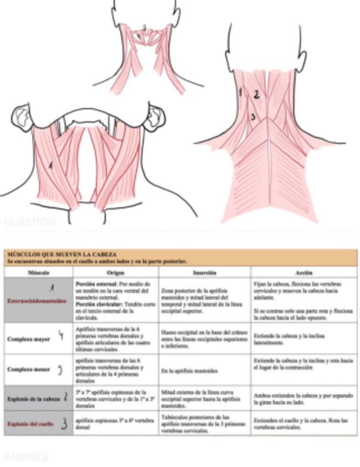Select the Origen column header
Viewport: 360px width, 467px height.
pyautogui.click(x=116, y=273)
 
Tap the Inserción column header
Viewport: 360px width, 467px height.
pyautogui.click(x=204, y=273)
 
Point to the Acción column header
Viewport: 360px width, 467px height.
pyautogui.click(x=304, y=273)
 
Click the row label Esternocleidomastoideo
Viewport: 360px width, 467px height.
pyautogui.click(x=37, y=301)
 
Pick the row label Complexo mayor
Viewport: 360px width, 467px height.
pyautogui.click(x=28, y=339)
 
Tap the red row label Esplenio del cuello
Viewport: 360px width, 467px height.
pyautogui.click(x=30, y=423)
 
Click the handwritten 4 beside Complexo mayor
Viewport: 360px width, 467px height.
pyautogui.click(x=61, y=337)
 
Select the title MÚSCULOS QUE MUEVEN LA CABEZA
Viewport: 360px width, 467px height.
pyautogui.click(x=61, y=254)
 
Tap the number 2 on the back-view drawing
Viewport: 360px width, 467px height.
pyautogui.click(x=256, y=94)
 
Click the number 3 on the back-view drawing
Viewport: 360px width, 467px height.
pyautogui.click(x=253, y=117)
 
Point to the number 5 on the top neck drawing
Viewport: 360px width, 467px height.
pyautogui.click(x=144, y=27)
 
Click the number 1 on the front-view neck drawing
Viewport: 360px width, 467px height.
pyautogui.click(x=51, y=164)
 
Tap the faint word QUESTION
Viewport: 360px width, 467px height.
pyautogui.click(x=30, y=222)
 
